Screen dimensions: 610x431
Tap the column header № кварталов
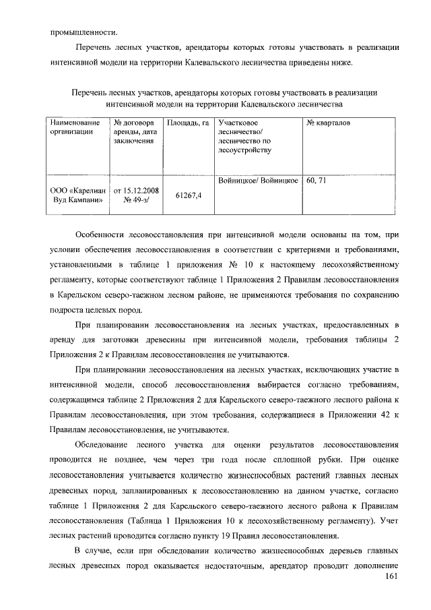(328, 124)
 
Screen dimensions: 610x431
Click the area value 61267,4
(189, 195)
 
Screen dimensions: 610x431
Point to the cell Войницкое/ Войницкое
(259, 181)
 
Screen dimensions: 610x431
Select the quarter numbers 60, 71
(317, 181)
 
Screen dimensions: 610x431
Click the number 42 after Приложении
(386, 416)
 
